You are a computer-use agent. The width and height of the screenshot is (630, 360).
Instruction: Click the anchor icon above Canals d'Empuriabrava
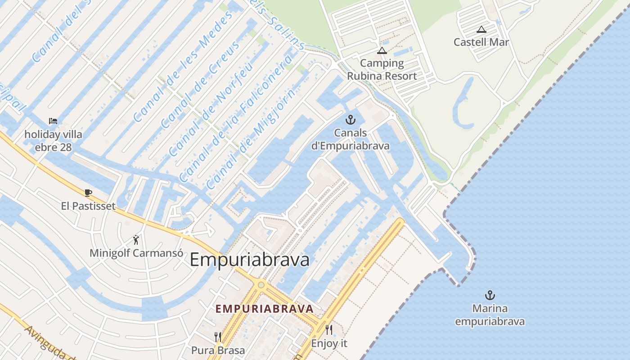(350, 120)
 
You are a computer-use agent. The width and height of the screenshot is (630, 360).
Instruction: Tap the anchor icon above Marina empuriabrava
(490, 295)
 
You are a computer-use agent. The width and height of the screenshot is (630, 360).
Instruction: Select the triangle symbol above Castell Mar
(481, 30)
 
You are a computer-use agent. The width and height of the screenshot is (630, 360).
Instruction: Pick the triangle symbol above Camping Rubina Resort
(382, 50)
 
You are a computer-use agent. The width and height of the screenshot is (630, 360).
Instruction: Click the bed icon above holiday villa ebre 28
(53, 121)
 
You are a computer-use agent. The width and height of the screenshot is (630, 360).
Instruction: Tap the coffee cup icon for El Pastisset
(88, 193)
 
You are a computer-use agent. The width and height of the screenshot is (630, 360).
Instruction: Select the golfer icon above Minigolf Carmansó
(136, 240)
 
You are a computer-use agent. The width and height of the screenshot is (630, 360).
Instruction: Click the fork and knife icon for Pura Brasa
(218, 337)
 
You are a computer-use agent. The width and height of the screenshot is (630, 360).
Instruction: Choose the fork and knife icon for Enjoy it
(329, 330)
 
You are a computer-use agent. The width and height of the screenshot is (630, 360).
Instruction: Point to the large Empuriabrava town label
(250, 260)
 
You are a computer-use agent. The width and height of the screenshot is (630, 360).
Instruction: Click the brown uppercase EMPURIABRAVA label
(264, 309)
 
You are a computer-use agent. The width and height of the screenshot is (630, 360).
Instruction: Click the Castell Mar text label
(481, 42)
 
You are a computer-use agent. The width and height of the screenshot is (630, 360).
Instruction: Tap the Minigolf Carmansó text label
(136, 253)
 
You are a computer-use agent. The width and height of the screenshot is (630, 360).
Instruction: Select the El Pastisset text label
(88, 206)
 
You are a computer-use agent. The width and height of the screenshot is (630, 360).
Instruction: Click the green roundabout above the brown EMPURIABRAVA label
(261, 285)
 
